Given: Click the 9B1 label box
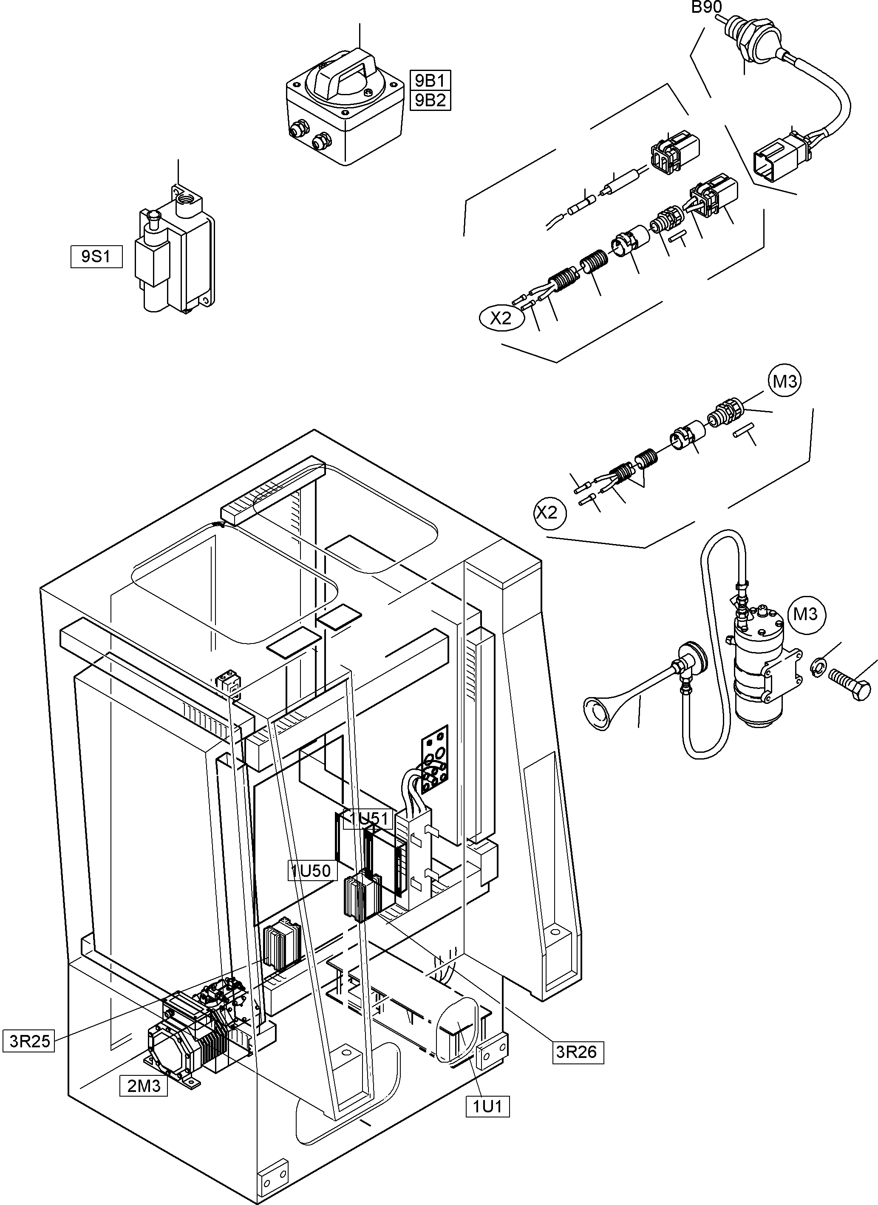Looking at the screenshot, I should (x=430, y=80).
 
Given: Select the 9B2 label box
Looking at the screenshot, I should (x=430, y=100).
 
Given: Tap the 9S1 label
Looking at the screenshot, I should (x=96, y=257).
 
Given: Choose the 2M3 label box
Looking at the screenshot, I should (x=144, y=1086).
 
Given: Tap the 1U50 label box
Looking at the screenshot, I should (x=312, y=870).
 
